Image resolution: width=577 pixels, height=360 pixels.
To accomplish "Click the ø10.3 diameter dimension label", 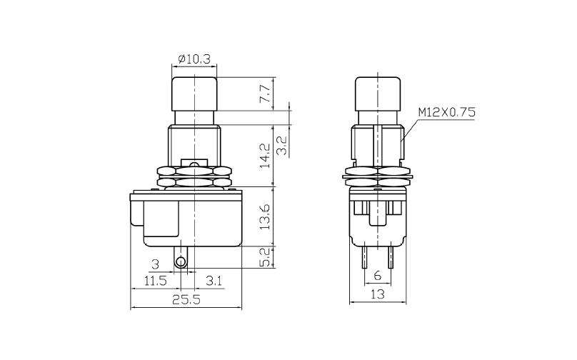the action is click(x=194, y=59).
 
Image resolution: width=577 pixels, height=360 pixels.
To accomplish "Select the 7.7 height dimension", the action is click(x=266, y=94).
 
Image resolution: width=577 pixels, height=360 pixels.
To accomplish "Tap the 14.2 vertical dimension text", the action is click(x=266, y=156).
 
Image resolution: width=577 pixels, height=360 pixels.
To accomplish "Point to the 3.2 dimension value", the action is click(x=281, y=146).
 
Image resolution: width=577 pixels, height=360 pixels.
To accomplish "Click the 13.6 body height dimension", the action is click(x=266, y=216).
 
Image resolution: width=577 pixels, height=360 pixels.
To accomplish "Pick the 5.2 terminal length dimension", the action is click(x=266, y=256).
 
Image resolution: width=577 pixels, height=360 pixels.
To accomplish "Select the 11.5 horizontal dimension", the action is click(x=155, y=281).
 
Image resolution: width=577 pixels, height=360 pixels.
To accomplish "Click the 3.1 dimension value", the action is click(x=214, y=281).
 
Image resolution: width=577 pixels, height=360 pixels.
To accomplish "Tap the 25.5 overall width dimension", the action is click(x=186, y=299).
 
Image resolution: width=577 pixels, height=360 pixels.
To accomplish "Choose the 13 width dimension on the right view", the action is click(x=378, y=294).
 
